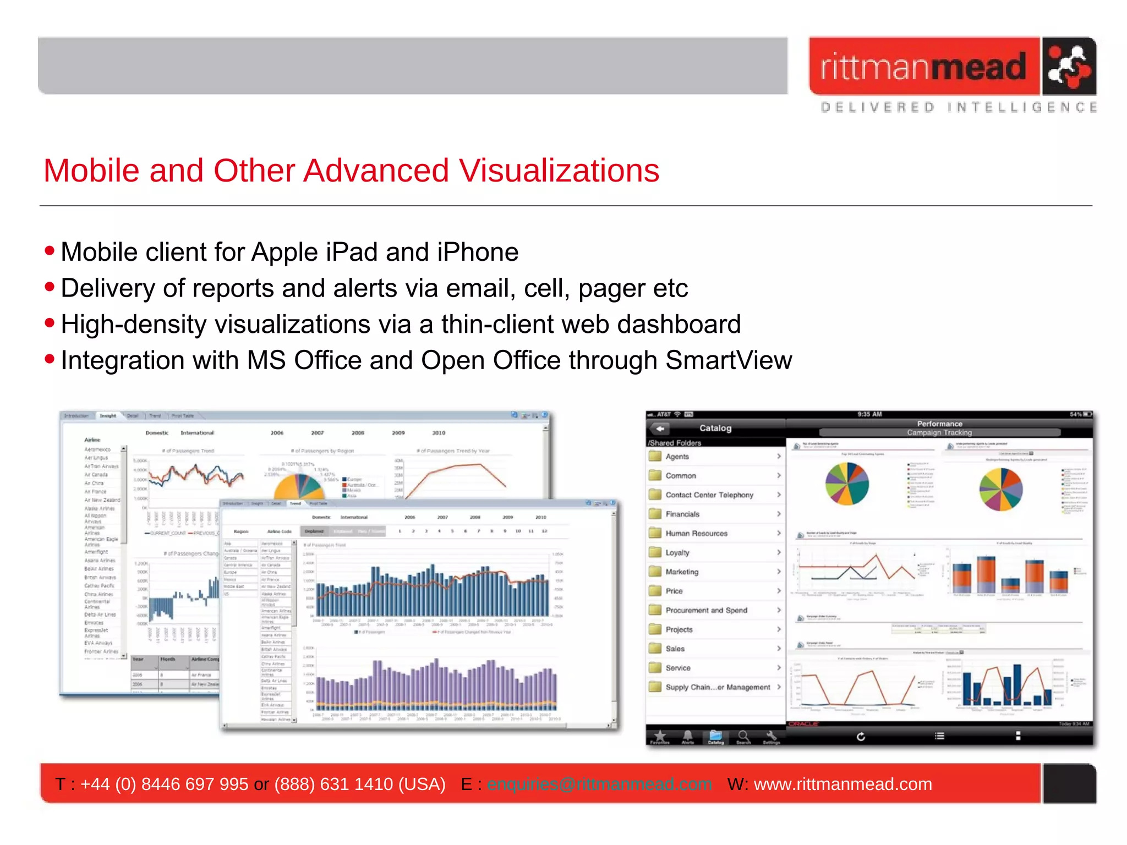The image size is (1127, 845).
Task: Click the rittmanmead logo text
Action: click(x=923, y=67)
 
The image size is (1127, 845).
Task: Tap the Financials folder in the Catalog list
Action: click(x=682, y=514)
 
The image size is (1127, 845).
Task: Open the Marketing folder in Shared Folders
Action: click(x=682, y=572)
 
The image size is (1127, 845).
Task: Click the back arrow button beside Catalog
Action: click(x=660, y=428)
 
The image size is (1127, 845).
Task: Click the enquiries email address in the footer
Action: click(x=599, y=784)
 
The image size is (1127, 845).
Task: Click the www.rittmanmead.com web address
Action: click(x=842, y=784)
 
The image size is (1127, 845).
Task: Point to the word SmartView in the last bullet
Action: click(x=729, y=360)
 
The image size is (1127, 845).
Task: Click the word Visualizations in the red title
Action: click(x=559, y=171)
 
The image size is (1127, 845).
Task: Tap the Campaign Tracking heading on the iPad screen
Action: click(x=939, y=432)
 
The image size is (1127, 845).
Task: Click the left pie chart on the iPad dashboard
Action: click(x=847, y=484)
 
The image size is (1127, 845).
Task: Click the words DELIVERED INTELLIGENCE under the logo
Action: click(x=958, y=107)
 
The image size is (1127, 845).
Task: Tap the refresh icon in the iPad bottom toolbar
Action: click(x=861, y=736)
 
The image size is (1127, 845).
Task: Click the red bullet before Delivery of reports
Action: click(x=50, y=287)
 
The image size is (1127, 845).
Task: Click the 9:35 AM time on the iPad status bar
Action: click(x=869, y=414)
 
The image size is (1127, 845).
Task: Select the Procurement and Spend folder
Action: click(x=706, y=610)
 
